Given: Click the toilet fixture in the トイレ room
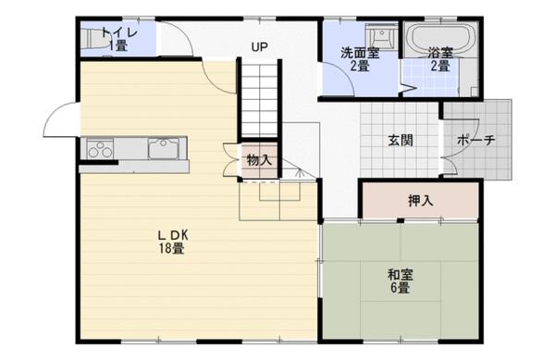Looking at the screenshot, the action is tap(95, 39).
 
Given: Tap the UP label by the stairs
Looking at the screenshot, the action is tap(259, 46).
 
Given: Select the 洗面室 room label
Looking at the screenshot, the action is tap(360, 53).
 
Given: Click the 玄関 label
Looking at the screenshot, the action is tap(401, 141).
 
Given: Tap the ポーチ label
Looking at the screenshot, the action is tap(475, 141).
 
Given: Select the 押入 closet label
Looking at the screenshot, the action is tap(421, 201).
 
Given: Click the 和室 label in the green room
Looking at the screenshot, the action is tap(401, 275).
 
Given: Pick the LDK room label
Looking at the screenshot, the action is tap(173, 235).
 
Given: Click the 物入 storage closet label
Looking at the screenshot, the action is tap(259, 160).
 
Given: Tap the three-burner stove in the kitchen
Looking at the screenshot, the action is tap(100, 149).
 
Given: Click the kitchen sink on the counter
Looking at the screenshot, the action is tap(164, 148).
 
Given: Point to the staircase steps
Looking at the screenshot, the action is tap(260, 100).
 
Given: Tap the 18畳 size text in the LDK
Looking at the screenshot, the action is tap(171, 249).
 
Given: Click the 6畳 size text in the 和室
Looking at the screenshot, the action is tap(401, 288).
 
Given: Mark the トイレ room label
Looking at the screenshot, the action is tap(119, 32).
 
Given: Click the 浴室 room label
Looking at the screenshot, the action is tap(440, 53).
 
